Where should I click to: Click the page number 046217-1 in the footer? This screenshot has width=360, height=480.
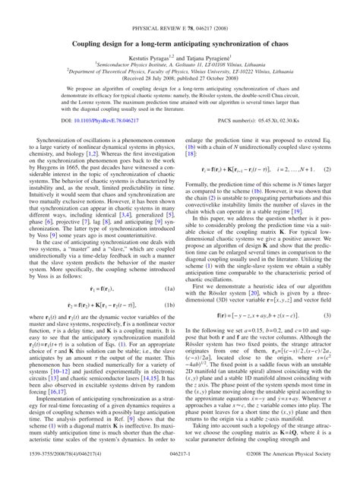(179, 472)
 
